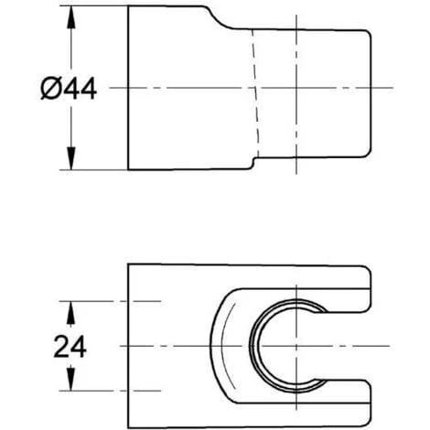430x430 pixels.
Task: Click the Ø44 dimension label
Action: point(69,89)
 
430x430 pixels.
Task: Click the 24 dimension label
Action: point(70,346)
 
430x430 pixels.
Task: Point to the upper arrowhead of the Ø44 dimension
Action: point(71,16)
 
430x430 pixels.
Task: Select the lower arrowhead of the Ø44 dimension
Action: point(71,158)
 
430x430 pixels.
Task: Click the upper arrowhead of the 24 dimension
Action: point(70,313)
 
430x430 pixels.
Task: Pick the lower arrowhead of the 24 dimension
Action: point(70,379)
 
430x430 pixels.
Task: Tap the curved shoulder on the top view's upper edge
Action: point(220,19)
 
